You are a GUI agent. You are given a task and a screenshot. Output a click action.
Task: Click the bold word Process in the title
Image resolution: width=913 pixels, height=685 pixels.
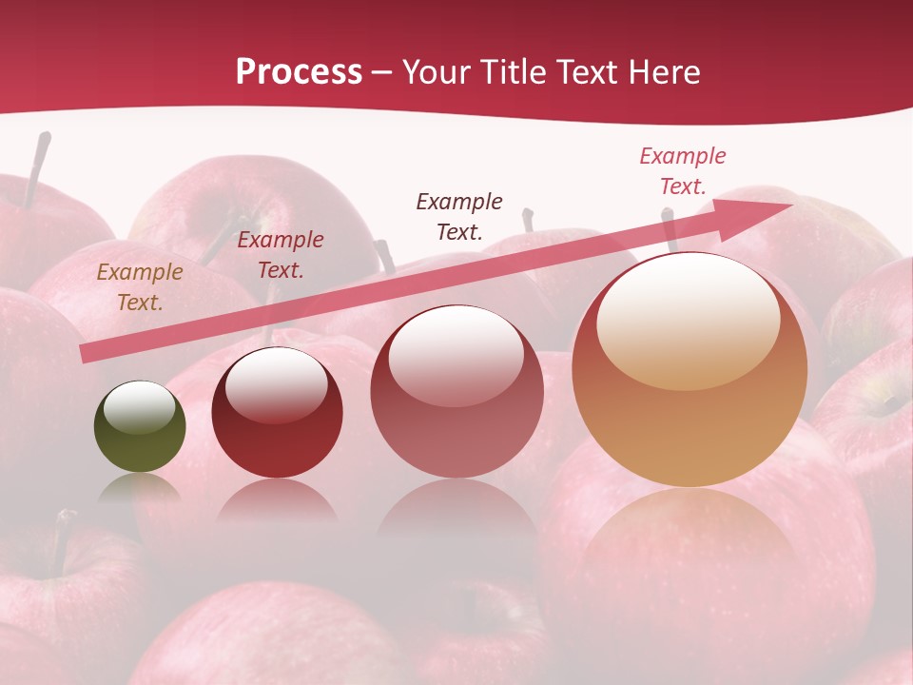299,72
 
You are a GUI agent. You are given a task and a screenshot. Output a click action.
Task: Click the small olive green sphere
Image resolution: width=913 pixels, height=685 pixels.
140,427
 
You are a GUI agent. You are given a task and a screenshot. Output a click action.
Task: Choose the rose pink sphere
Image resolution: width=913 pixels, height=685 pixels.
456,392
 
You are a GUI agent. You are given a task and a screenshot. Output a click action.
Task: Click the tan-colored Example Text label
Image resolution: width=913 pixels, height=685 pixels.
140,287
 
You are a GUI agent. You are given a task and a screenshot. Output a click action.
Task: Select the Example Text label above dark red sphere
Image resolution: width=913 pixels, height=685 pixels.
281,255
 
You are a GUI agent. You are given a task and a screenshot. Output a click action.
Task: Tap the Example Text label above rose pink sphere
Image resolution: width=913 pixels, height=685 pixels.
459,216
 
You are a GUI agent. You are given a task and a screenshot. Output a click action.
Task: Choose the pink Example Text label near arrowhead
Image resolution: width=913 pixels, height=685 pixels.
683,171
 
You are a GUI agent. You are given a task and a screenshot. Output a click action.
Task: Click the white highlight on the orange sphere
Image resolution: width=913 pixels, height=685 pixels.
688,320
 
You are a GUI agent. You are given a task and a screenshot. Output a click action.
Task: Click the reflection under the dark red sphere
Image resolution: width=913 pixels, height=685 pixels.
277,500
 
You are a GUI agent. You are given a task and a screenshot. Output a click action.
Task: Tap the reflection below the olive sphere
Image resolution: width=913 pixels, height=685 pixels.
140,487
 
